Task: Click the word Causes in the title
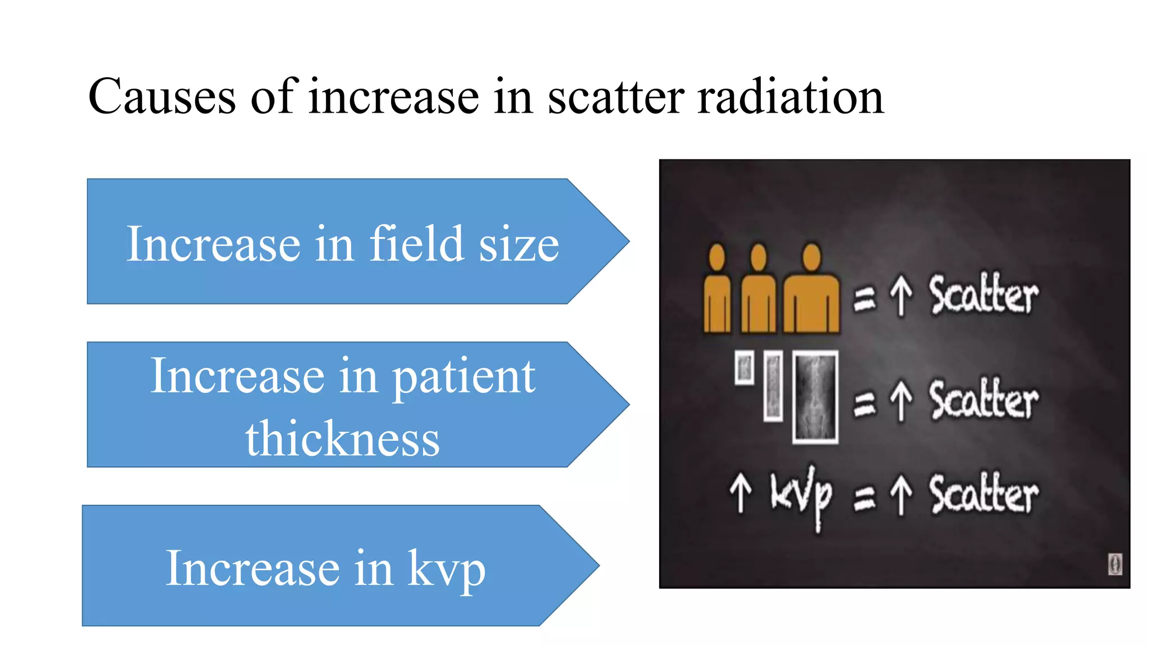click(x=162, y=96)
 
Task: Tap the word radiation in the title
click(x=790, y=96)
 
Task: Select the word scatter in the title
click(x=615, y=96)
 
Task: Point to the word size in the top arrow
click(x=519, y=244)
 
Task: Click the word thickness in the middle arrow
click(x=342, y=439)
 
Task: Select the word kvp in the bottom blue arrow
click(x=446, y=569)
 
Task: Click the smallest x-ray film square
click(x=744, y=368)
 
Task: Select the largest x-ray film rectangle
click(x=815, y=397)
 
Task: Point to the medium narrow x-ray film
click(x=773, y=386)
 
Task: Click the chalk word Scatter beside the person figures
click(x=983, y=295)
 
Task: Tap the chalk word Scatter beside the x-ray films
click(x=983, y=400)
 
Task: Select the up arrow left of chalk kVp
click(x=741, y=492)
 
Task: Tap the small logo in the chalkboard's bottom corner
click(x=1115, y=564)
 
